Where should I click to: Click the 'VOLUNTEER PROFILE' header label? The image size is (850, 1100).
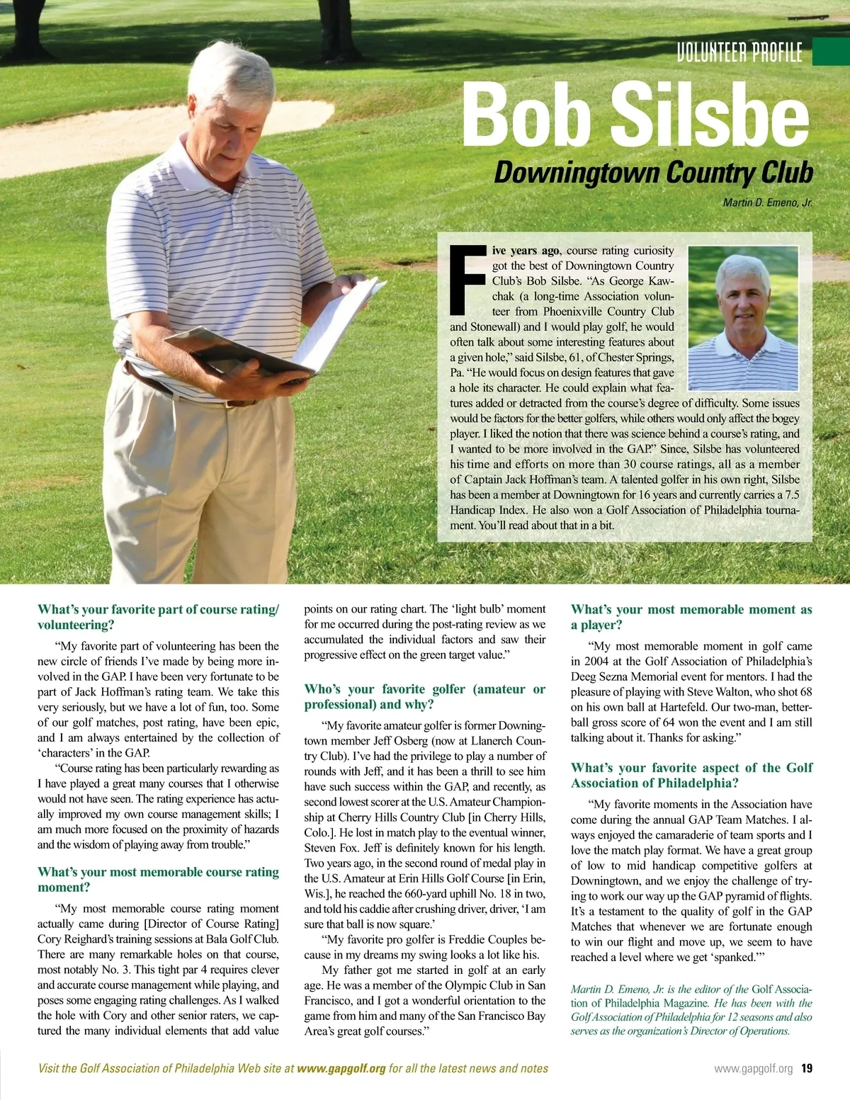point(739,52)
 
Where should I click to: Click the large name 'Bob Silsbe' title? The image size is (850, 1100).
point(635,113)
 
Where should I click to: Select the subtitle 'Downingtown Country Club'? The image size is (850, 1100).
point(653,173)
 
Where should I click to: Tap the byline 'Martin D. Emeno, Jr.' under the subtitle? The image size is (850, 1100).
point(767,203)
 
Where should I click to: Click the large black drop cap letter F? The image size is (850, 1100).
point(468,280)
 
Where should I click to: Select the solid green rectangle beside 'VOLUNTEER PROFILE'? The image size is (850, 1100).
point(831,52)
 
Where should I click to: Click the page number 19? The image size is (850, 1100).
point(807,1068)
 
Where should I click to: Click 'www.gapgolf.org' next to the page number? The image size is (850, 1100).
point(753,1069)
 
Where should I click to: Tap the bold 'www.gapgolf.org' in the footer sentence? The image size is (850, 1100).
point(341,1068)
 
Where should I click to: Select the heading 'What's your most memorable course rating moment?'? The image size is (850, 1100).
point(158,880)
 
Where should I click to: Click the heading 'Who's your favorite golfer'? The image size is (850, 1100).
point(425,696)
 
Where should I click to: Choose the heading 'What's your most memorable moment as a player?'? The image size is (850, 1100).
point(691,617)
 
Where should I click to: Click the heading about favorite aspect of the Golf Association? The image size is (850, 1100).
point(691,775)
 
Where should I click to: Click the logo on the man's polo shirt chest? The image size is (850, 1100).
point(281,232)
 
